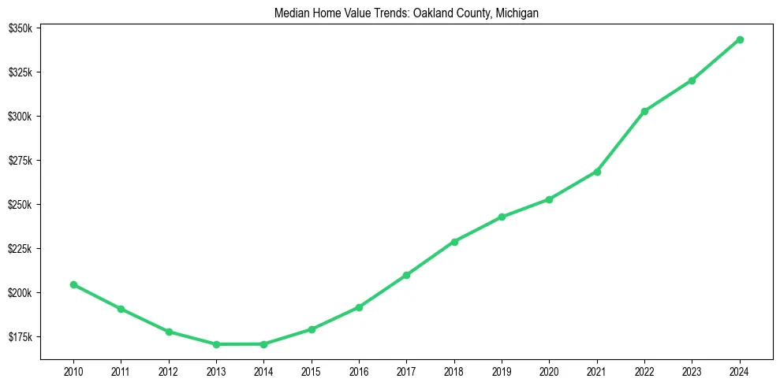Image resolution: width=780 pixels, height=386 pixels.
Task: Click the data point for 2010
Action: [x=73, y=284]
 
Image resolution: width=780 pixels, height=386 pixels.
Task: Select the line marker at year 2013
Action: [x=216, y=344]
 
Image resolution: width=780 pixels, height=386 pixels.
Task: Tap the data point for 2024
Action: [x=740, y=39]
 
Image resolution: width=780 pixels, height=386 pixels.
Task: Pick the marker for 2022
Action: [x=644, y=111]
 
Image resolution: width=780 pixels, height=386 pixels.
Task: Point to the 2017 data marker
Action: [x=406, y=275]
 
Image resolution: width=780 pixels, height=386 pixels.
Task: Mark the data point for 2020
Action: [x=549, y=199]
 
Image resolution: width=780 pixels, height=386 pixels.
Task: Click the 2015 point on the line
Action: [x=312, y=329]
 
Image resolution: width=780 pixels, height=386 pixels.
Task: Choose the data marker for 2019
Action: [x=502, y=217]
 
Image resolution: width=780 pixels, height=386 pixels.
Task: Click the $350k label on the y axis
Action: [x=20, y=28]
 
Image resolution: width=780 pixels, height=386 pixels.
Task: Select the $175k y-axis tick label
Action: [x=20, y=337]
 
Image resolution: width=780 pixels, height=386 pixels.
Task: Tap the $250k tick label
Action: [x=20, y=205]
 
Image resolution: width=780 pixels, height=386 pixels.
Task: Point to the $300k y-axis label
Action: [x=20, y=117]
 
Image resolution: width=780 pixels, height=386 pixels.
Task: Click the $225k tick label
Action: [x=20, y=249]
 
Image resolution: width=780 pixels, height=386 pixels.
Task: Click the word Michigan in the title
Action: [x=517, y=13]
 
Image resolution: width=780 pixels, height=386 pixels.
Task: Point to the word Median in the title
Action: [x=290, y=13]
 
